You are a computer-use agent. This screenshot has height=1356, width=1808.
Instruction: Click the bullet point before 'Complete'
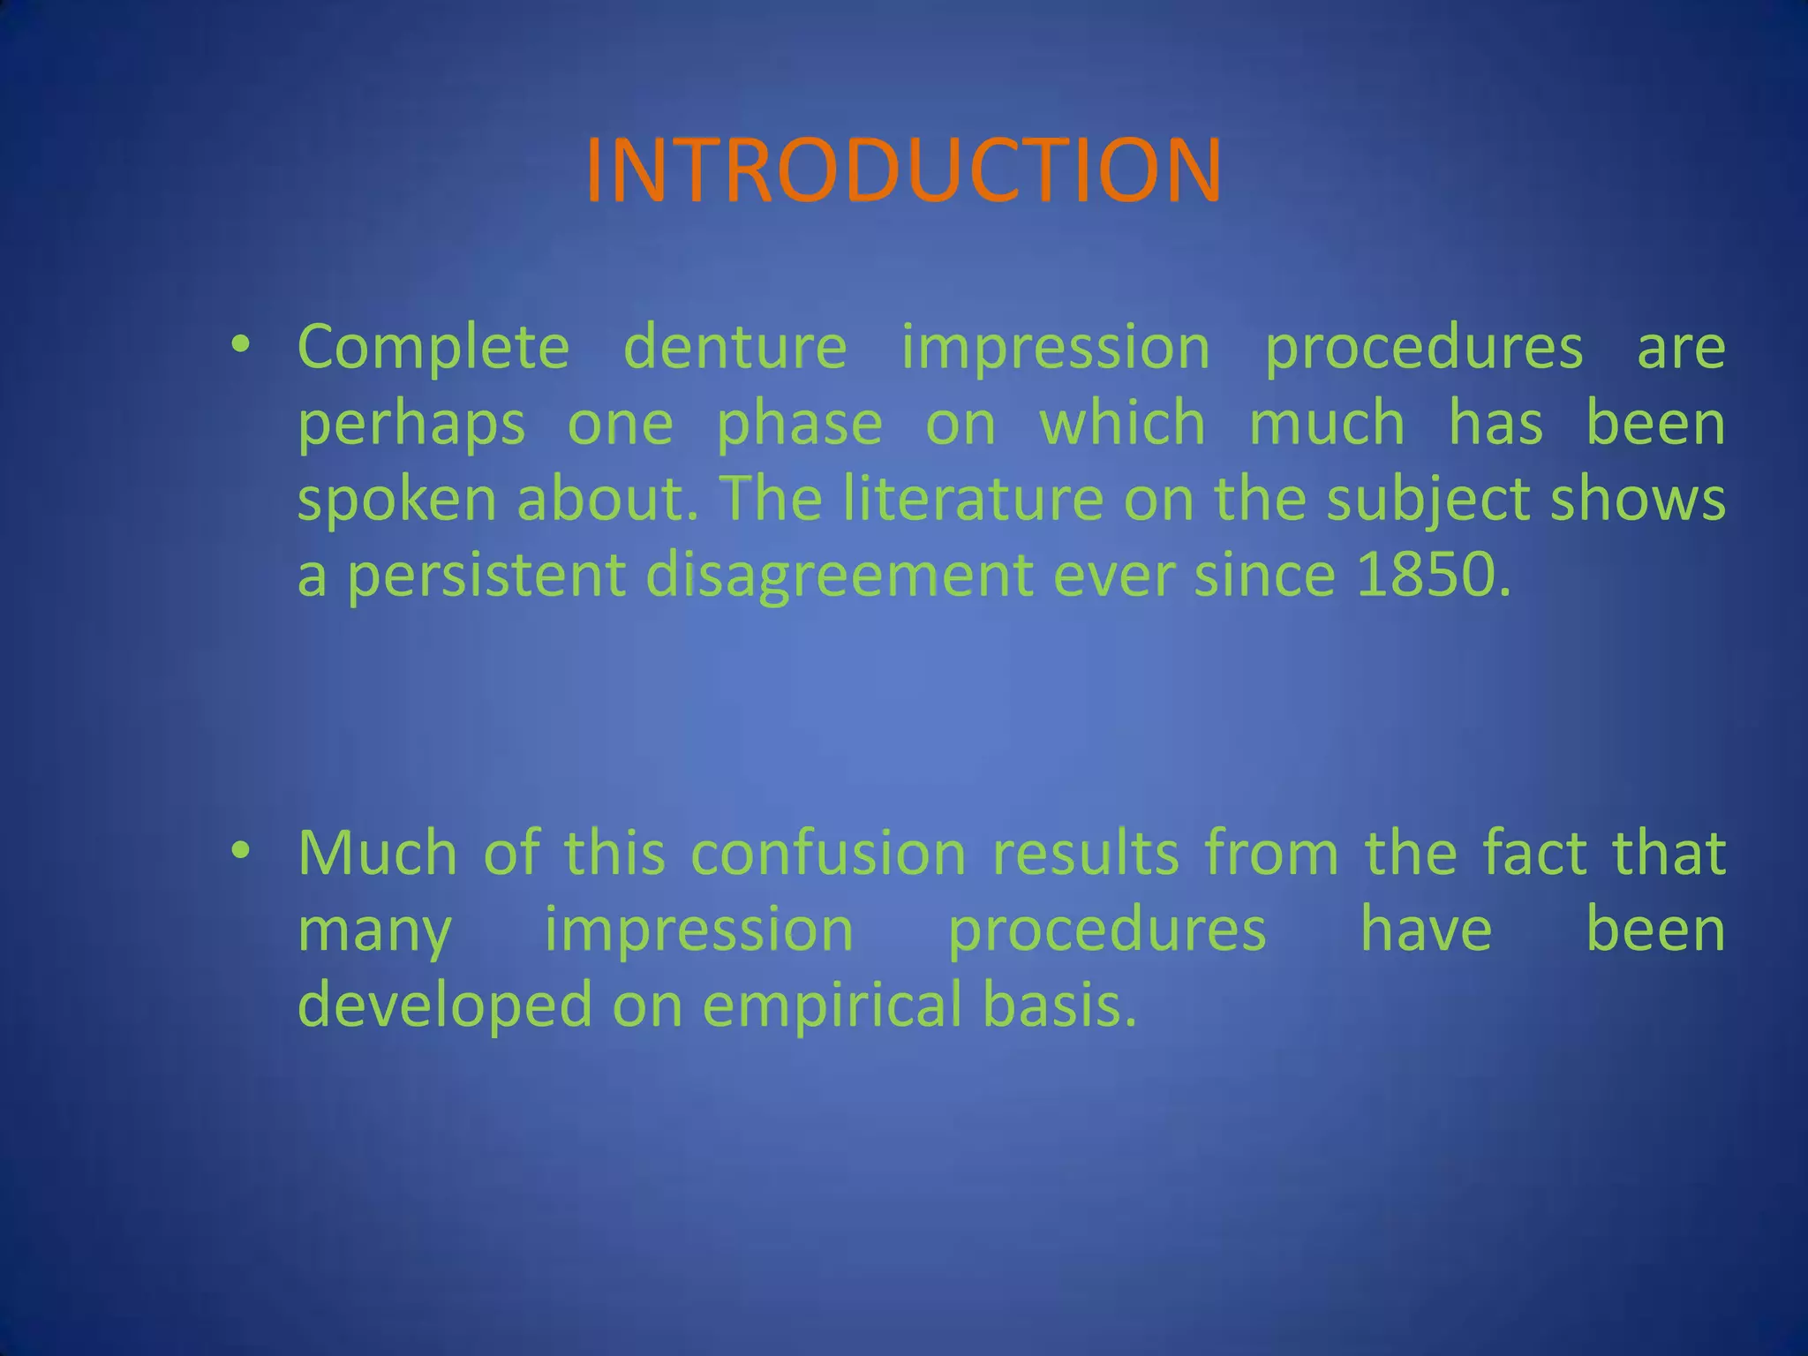pyautogui.click(x=240, y=344)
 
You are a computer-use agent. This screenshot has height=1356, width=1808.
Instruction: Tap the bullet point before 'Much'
pyautogui.click(x=240, y=851)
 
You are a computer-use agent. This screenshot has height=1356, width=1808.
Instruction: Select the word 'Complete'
pyautogui.click(x=433, y=348)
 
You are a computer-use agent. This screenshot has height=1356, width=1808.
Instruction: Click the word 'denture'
pyautogui.click(x=734, y=346)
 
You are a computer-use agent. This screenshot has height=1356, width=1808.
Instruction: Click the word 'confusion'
pyautogui.click(x=828, y=854)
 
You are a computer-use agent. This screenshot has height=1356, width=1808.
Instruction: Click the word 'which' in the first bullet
pyautogui.click(x=1123, y=423)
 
